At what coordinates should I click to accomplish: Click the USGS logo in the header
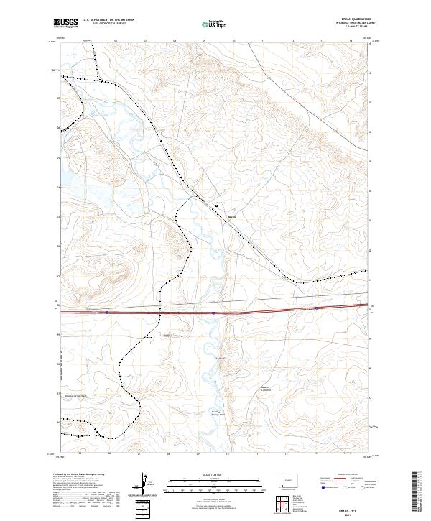click(65, 23)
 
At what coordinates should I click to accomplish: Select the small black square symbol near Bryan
click(217, 207)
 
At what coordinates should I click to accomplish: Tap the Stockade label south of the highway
click(221, 358)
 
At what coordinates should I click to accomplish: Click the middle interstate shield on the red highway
click(213, 313)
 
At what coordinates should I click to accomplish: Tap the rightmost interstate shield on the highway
click(316, 308)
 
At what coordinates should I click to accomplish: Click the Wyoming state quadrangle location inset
click(287, 479)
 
